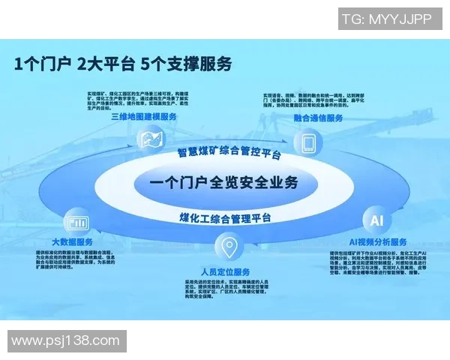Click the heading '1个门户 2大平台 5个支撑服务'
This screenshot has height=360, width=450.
123,64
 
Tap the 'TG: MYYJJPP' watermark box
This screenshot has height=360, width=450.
385,19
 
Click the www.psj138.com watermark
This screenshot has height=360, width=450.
66,341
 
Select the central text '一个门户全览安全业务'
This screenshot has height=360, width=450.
223,182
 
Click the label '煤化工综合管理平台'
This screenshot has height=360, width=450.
225,218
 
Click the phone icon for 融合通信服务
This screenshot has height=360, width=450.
308,141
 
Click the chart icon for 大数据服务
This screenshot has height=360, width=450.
77,222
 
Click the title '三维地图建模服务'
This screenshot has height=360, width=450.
144,117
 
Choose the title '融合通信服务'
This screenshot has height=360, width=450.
318,118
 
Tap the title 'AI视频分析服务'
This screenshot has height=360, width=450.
378,242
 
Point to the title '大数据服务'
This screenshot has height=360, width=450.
73,241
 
